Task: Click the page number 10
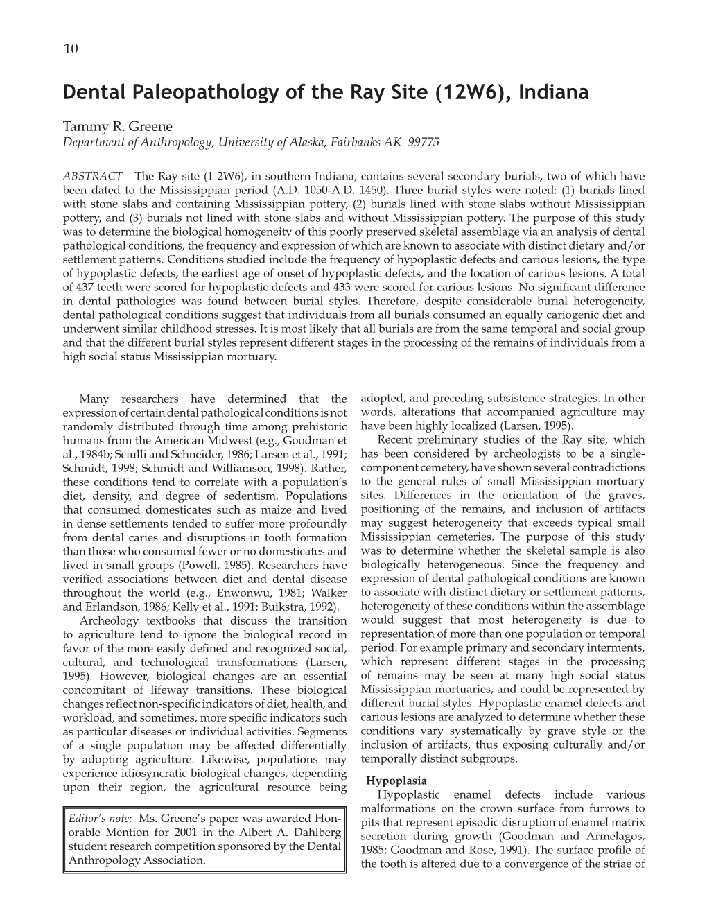69,48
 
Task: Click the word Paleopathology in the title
190,92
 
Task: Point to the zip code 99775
424,141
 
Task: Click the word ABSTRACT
93,176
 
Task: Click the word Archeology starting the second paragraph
111,620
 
